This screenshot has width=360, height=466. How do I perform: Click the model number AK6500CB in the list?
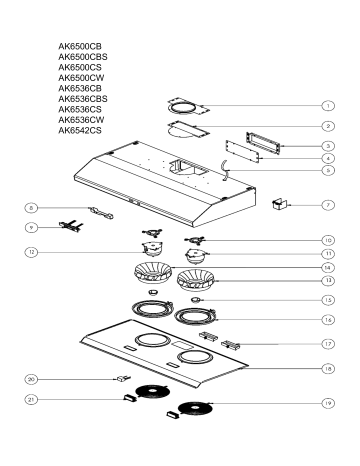(x=81, y=46)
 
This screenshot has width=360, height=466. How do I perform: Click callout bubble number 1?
(x=329, y=105)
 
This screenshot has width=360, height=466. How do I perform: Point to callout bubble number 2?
(x=329, y=127)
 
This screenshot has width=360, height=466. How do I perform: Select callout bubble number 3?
(x=329, y=147)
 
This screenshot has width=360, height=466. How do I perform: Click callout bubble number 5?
(x=329, y=171)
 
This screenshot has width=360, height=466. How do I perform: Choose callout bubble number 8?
(x=31, y=208)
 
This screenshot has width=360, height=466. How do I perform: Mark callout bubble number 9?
(x=31, y=228)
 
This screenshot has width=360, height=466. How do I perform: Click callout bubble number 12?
(x=31, y=252)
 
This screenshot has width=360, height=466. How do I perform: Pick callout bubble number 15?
(x=329, y=299)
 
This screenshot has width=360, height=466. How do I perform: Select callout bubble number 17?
(x=329, y=343)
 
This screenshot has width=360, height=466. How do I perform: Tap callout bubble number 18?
(x=329, y=369)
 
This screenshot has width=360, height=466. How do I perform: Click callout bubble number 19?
(x=329, y=405)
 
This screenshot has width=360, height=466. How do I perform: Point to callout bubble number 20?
(x=31, y=380)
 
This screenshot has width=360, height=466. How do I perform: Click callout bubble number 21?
(x=31, y=399)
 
